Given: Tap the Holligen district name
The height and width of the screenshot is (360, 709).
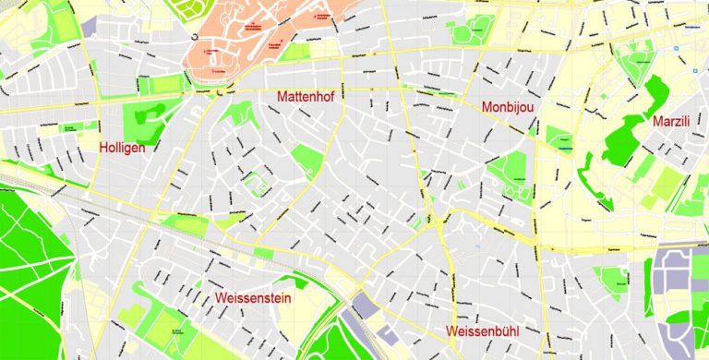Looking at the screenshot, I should coord(123,148).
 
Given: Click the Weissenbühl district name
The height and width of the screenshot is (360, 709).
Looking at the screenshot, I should coord(487,331).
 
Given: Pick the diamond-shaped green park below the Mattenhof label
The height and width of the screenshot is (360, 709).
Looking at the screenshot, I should coord(307,161).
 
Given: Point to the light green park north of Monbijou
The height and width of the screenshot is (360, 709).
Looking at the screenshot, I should coord(467,33).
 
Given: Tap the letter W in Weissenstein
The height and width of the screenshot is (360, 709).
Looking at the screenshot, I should coord(220,298).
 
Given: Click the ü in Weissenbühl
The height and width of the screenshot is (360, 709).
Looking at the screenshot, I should coord(511,331).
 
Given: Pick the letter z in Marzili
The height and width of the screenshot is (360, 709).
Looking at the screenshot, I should coord(679,122).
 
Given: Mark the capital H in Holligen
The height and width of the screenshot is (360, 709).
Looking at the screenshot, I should coord(104,148).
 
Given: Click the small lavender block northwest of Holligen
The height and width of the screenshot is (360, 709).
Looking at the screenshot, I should coord(88,27).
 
